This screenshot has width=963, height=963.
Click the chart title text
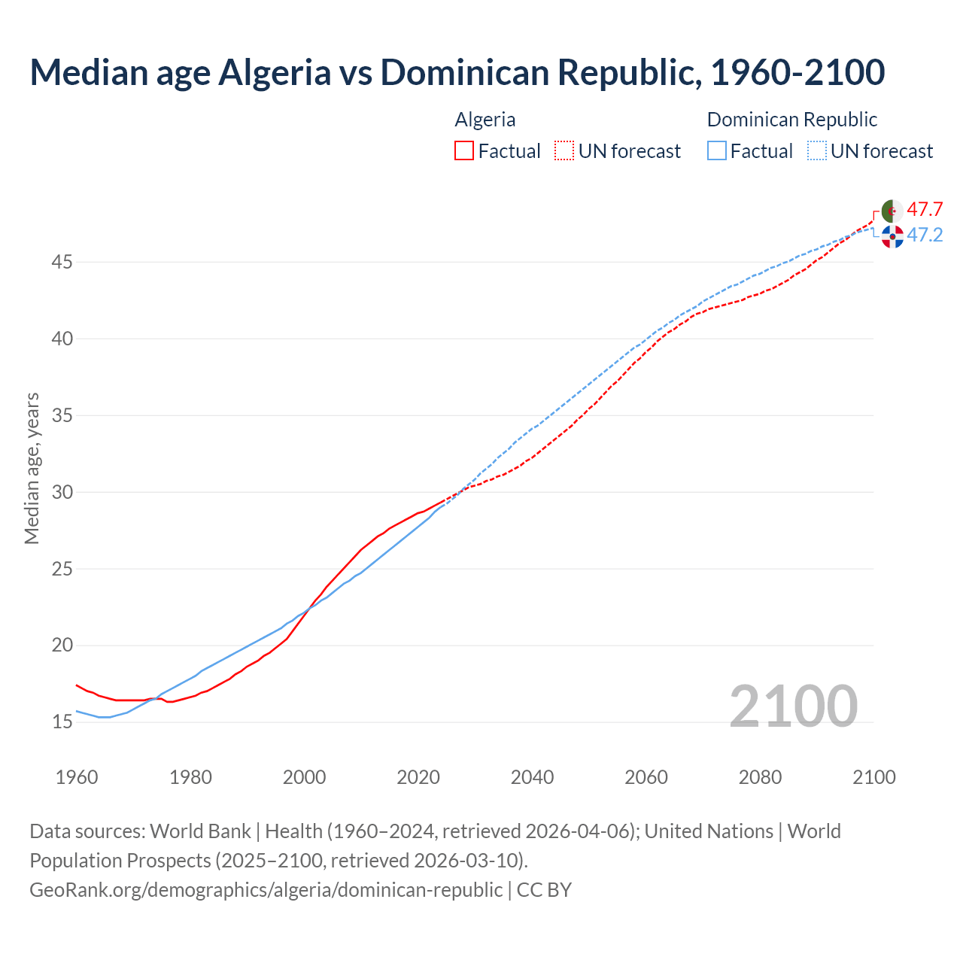(x=457, y=72)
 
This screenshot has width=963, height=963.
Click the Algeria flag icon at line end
(x=892, y=211)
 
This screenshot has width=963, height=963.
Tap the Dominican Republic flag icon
(x=892, y=236)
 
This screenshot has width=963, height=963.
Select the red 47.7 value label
(x=925, y=209)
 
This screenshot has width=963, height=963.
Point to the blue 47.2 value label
(x=925, y=235)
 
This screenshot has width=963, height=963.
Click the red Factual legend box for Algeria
(x=464, y=151)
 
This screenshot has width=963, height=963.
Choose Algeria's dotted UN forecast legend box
(x=564, y=151)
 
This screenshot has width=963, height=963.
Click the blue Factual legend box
(x=717, y=151)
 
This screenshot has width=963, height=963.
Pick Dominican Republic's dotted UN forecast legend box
(x=816, y=151)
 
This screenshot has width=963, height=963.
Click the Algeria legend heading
(x=485, y=120)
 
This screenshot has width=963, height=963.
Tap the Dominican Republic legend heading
(x=792, y=120)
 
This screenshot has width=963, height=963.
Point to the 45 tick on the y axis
(x=62, y=263)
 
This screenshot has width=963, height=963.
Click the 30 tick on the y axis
(x=62, y=492)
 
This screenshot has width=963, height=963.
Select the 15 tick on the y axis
(x=62, y=722)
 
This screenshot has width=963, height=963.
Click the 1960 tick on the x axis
(x=77, y=777)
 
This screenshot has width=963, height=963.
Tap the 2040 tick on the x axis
(x=532, y=777)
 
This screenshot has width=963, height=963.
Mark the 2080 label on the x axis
(x=760, y=777)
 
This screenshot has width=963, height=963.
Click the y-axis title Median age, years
(x=32, y=468)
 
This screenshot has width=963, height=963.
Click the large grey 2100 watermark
(x=793, y=706)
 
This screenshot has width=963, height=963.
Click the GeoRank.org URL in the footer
(x=266, y=889)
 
